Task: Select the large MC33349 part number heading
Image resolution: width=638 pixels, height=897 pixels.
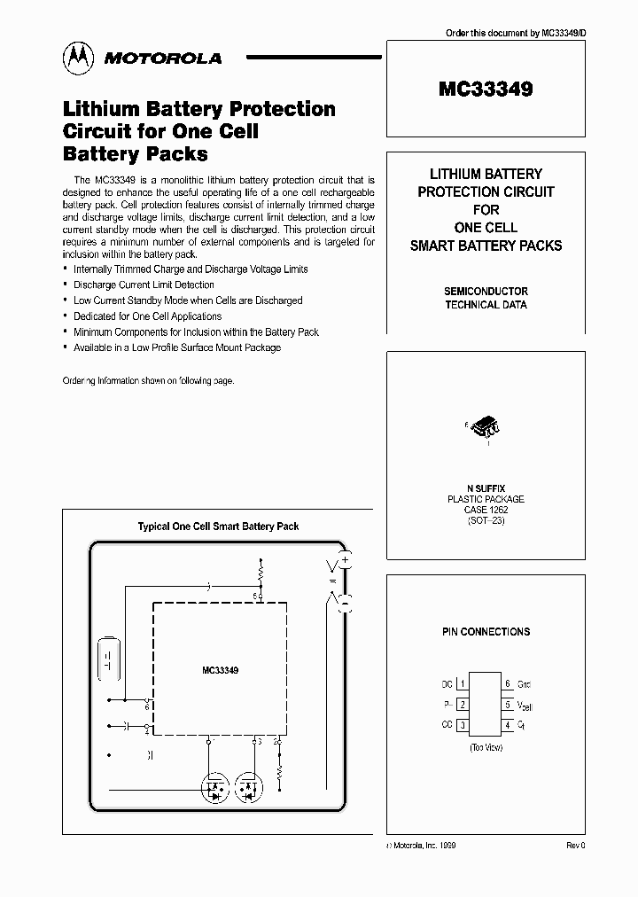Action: coord(486,89)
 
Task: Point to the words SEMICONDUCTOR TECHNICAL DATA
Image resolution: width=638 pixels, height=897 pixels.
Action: coord(486,298)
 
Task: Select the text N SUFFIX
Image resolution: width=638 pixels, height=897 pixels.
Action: coord(486,488)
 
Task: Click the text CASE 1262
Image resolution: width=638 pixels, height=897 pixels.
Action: coord(486,511)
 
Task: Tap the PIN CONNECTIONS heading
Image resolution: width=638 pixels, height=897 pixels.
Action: coord(486,632)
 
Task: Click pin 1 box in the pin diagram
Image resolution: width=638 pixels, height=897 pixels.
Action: coord(463,684)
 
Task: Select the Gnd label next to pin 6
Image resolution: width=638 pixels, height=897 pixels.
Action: coord(525,684)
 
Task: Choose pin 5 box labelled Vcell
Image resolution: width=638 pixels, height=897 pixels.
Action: coord(508,705)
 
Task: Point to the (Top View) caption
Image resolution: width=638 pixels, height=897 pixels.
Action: coord(486,748)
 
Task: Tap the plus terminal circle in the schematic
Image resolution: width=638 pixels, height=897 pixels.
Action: coord(346,559)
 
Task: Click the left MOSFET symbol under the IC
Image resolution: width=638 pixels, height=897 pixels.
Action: coord(215,784)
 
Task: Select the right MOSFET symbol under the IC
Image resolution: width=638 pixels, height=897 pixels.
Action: coord(249,784)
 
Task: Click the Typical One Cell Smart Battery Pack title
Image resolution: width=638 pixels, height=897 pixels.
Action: coord(218,526)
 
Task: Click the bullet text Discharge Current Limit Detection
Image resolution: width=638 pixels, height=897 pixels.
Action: coord(144,285)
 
